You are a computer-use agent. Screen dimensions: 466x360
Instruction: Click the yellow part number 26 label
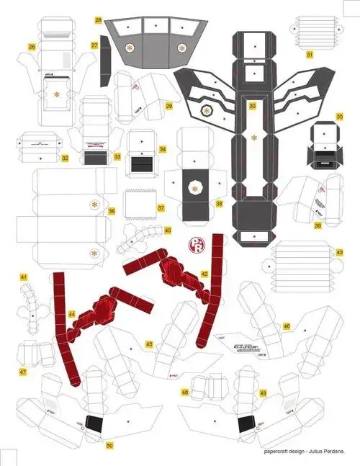[32, 47]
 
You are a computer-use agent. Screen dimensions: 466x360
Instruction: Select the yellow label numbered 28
[98, 20]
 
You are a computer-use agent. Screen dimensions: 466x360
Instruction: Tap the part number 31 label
[310, 54]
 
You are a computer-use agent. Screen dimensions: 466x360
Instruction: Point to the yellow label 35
[339, 115]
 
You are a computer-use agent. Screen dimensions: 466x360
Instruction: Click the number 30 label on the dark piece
[252, 106]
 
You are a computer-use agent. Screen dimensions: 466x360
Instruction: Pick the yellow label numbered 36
[112, 211]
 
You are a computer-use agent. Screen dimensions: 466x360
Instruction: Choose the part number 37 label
[161, 208]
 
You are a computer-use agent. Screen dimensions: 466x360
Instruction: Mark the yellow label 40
[167, 230]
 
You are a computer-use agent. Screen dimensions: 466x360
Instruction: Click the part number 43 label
[339, 253]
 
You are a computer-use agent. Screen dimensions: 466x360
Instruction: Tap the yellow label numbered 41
[23, 277]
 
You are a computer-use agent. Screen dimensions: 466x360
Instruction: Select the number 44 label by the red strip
[71, 315]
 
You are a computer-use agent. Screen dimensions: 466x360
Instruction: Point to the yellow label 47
[23, 372]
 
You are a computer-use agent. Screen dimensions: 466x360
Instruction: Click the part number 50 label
[109, 445]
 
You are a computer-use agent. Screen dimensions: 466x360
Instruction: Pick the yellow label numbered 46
[287, 326]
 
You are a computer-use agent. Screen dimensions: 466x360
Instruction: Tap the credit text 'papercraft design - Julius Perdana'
[303, 452]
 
